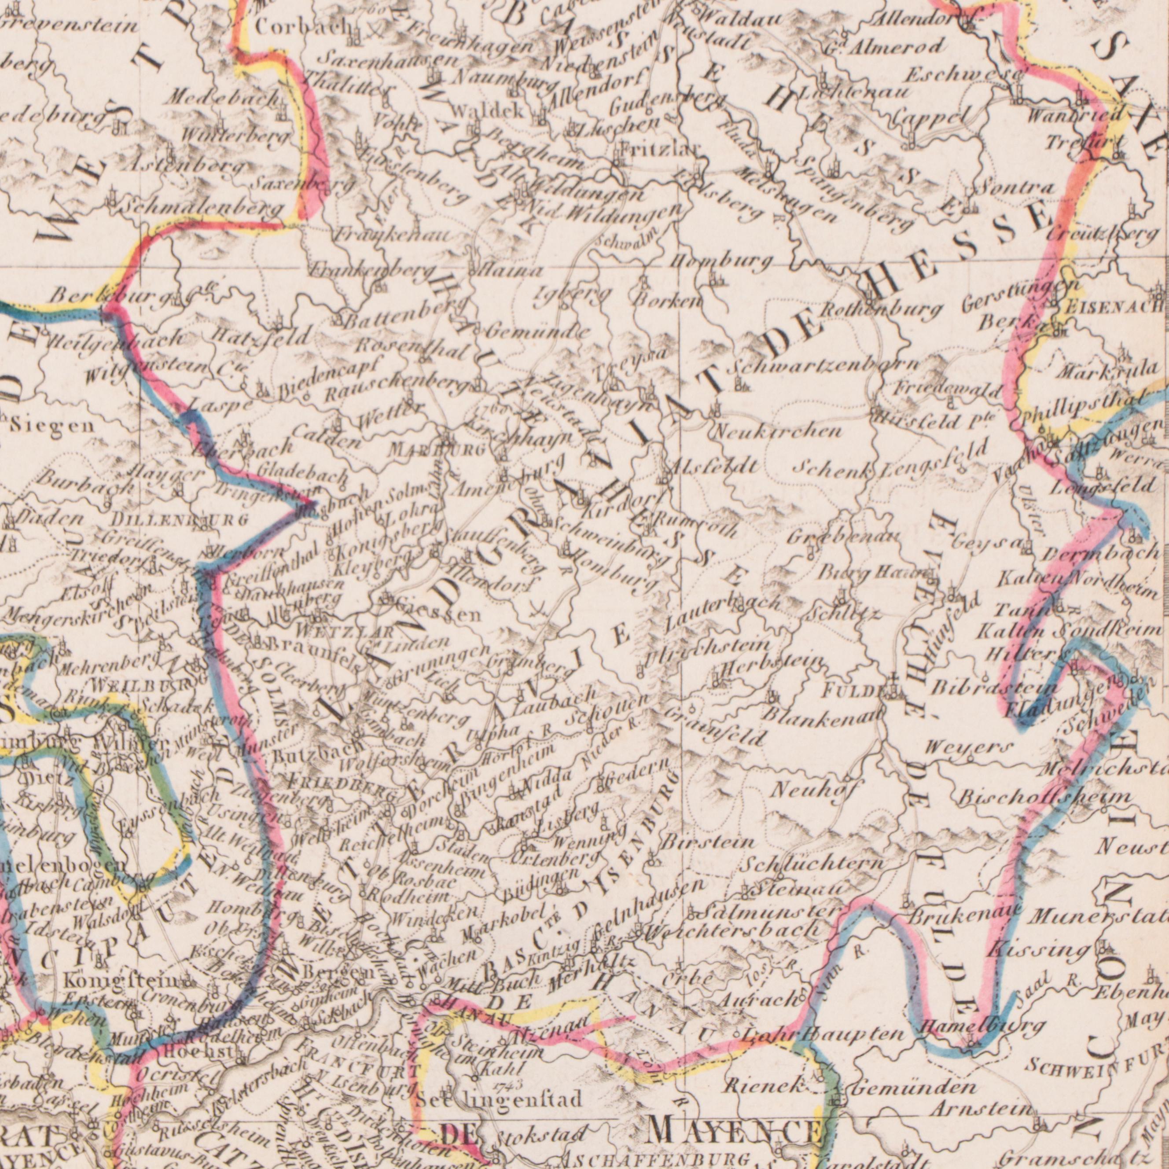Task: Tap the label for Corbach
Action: pos(294,26)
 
